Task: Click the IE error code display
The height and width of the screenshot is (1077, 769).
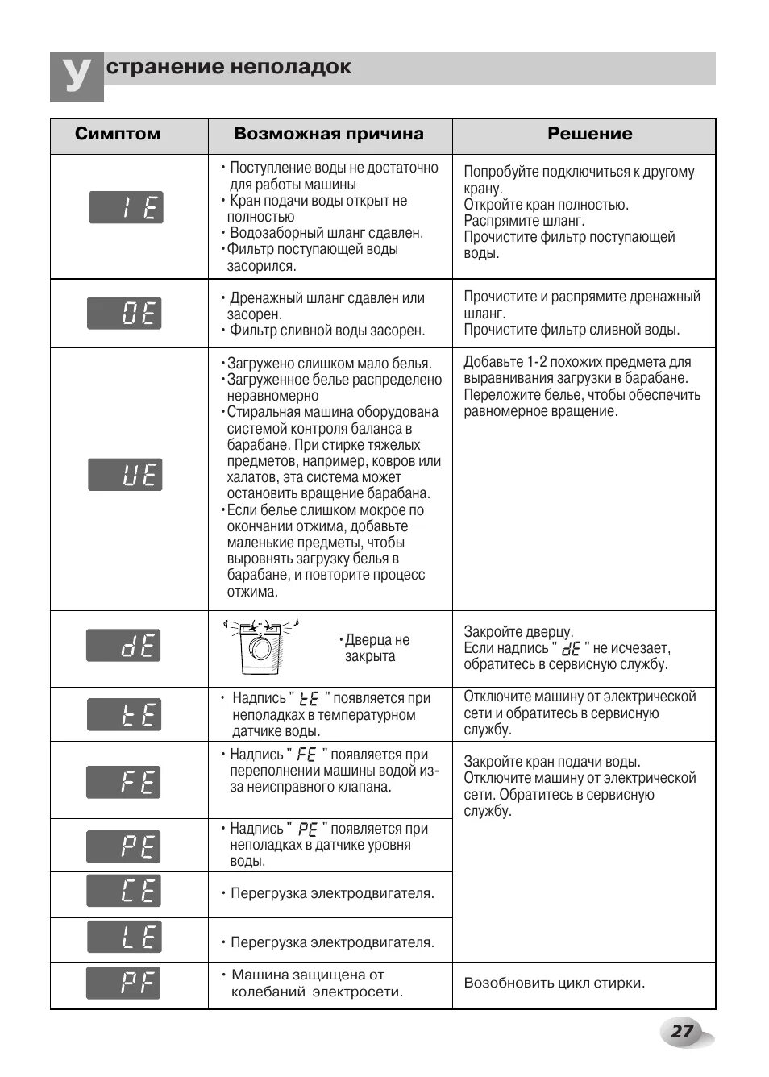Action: [x=126, y=208]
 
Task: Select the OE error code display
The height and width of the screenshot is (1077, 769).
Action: [x=124, y=313]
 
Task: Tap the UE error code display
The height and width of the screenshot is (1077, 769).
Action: [x=125, y=475]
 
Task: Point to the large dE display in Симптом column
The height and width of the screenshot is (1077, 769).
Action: [x=123, y=646]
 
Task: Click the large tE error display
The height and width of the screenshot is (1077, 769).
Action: [x=124, y=715]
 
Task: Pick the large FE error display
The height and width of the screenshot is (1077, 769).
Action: [x=124, y=782]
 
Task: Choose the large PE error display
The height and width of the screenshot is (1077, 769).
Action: [x=124, y=846]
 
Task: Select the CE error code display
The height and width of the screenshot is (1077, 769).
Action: [x=124, y=891]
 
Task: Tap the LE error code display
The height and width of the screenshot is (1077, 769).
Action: [x=124, y=937]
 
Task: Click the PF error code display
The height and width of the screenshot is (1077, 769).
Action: [x=123, y=983]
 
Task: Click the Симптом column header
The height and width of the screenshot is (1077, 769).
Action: [x=118, y=134]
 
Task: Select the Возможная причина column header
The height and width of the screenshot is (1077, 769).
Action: [x=329, y=134]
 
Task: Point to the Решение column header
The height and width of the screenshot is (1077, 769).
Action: [x=590, y=134]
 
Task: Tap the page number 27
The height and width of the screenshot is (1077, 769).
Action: [x=682, y=1031]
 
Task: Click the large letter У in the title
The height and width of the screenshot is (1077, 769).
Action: [x=77, y=77]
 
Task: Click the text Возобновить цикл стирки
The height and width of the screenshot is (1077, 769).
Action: [x=555, y=983]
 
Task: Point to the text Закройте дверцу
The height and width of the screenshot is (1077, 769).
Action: [x=518, y=632]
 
